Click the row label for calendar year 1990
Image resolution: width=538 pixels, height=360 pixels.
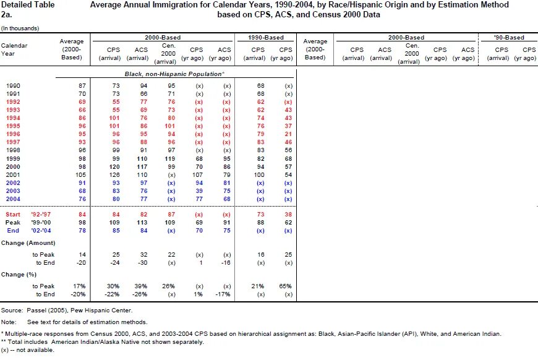click(13, 86)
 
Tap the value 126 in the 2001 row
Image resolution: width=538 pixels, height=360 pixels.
click(114, 174)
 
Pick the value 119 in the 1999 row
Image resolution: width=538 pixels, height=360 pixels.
click(169, 159)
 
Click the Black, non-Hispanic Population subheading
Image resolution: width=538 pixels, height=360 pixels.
click(174, 74)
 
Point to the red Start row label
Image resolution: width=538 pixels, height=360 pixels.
click(13, 215)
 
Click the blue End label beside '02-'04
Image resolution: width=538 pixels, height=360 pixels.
click(13, 231)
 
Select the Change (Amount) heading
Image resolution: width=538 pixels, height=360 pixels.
click(28, 243)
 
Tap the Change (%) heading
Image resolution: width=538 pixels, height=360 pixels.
click(19, 275)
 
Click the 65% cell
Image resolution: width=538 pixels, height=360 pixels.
click(286, 286)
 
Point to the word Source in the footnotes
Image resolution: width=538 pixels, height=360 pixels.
click(12, 311)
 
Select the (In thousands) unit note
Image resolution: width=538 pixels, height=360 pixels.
click(20, 28)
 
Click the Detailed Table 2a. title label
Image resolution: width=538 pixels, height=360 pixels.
click(28, 10)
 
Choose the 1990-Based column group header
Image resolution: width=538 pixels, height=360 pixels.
click(266, 37)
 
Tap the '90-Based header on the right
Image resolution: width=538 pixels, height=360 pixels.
click(509, 37)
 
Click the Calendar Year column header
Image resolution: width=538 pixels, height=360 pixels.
click(14, 49)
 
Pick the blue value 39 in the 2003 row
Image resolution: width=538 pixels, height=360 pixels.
click(199, 191)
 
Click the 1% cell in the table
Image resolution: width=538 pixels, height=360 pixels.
click(198, 294)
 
